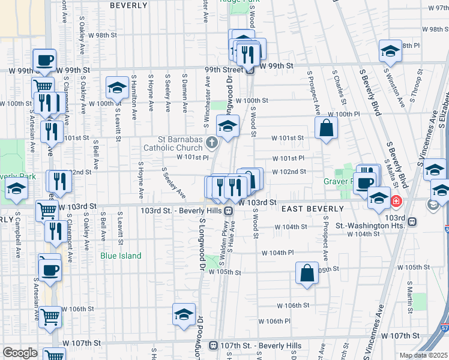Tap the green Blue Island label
pyautogui.click(x=121, y=256)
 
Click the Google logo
pyautogui.click(x=20, y=353)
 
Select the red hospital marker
pyautogui.click(x=396, y=201)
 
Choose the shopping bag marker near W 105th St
pyautogui.click(x=307, y=274)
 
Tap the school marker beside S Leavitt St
pyautogui.click(x=117, y=88)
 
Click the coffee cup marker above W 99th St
pyautogui.click(x=44, y=60)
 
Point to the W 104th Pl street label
pyautogui.click(x=277, y=253)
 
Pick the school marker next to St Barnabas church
pyautogui.click(x=228, y=127)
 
